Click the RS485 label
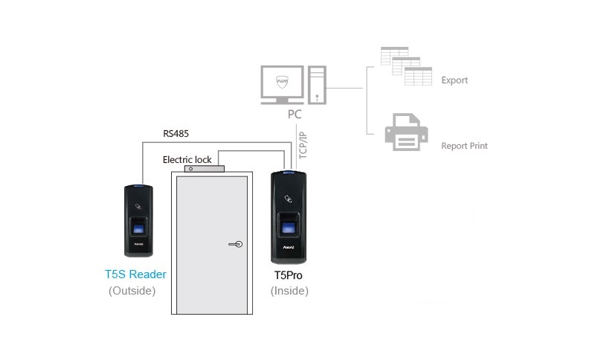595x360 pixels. (x=177, y=135)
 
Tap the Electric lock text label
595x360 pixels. (x=187, y=159)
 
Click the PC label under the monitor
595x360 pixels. (x=295, y=115)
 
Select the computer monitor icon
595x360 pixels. (x=281, y=85)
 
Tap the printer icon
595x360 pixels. (x=405, y=132)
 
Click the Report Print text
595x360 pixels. (x=464, y=146)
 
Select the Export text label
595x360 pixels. (x=454, y=80)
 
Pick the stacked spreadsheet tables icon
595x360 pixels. (x=406, y=68)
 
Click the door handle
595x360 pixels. (x=235, y=243)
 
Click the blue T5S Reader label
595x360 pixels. (x=135, y=274)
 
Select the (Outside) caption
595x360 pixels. (x=132, y=291)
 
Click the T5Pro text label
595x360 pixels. (x=289, y=275)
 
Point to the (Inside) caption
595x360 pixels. (x=289, y=291)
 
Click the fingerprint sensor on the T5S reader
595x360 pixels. (x=138, y=226)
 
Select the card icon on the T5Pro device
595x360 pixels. (x=289, y=199)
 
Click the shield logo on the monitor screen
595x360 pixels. (x=281, y=80)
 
